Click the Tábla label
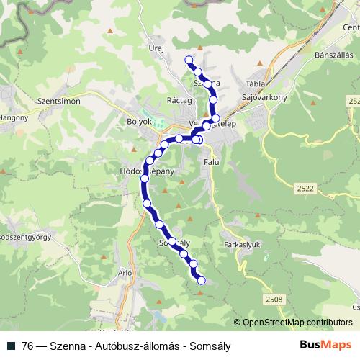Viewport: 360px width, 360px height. tap(256, 83)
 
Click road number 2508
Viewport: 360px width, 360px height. tap(274, 299)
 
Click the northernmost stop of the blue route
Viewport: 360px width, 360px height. tap(189, 60)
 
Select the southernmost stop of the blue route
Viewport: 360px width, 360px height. tap(201, 280)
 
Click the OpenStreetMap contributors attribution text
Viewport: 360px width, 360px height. tap(297, 322)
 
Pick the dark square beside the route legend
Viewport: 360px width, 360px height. tap(11, 345)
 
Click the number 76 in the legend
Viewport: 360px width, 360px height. tap(29, 345)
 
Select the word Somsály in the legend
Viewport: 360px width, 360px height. tap(210, 345)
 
